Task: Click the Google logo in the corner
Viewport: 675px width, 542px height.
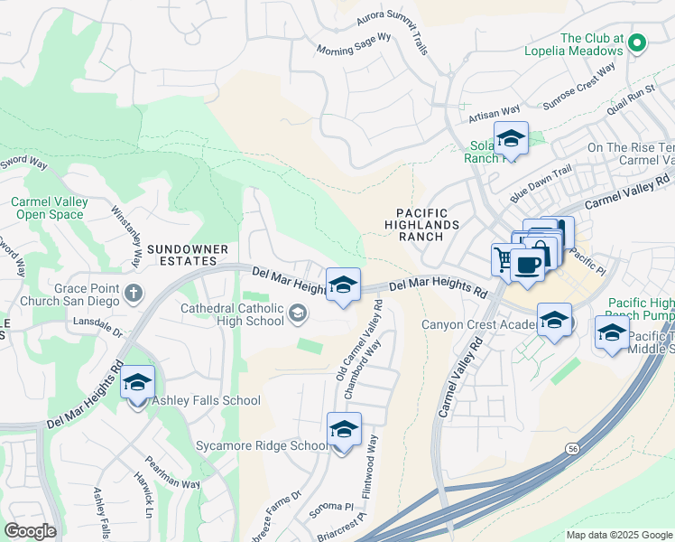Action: (31, 531)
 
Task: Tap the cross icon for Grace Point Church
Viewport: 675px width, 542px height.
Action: (134, 292)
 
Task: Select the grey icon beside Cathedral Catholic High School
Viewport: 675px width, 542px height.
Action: (297, 313)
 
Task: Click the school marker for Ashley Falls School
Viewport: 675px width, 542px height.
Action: (137, 381)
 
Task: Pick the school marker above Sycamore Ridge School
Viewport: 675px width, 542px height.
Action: (344, 429)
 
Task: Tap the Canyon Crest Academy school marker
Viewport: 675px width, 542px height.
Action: (554, 320)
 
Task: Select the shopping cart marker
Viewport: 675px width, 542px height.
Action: (504, 258)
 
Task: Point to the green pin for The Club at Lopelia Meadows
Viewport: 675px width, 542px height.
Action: (637, 42)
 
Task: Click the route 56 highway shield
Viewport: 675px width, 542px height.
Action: (572, 447)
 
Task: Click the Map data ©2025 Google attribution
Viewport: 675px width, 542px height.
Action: (618, 534)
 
